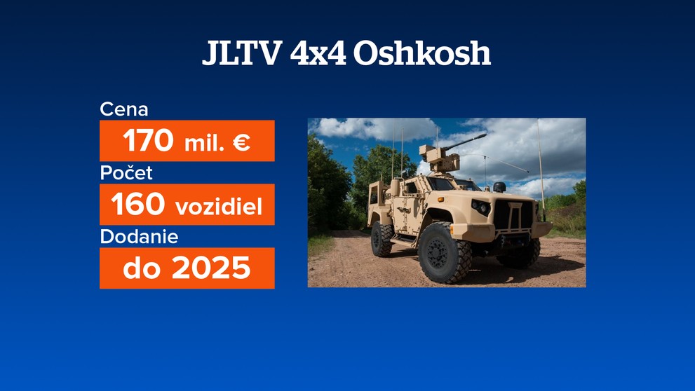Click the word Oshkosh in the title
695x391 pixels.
click(421, 54)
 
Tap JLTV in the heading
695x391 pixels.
click(241, 54)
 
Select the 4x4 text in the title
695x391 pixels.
click(317, 54)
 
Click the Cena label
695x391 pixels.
click(124, 109)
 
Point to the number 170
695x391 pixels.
click(148, 142)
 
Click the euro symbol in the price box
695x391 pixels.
click(241, 143)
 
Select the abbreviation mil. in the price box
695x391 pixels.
click(205, 144)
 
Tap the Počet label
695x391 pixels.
click(126, 173)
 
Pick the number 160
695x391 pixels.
click(137, 205)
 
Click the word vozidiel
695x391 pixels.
click(218, 207)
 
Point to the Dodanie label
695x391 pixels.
click(139, 237)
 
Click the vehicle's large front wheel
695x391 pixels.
click(445, 252)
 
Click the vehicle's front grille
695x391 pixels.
click(515, 214)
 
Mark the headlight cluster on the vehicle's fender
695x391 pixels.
click(480, 207)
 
